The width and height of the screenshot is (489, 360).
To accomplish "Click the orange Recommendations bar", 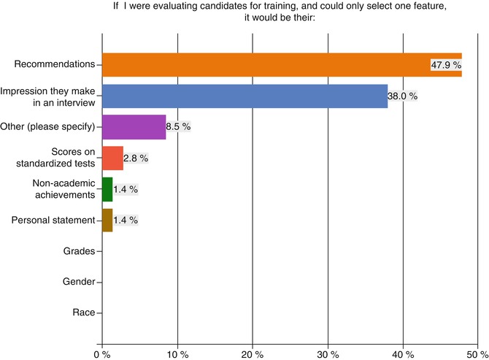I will click(263, 64).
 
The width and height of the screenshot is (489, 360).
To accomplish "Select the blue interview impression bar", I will click(244, 96).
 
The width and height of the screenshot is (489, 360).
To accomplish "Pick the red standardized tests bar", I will click(112, 158).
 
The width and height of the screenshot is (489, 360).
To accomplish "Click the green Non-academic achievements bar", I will click(107, 189).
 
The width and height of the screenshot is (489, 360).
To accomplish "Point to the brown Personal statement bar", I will click(107, 220).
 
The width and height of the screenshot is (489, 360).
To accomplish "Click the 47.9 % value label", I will click(446, 65).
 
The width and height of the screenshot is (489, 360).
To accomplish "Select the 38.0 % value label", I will click(402, 96).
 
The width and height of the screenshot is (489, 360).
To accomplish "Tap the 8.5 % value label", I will click(178, 127).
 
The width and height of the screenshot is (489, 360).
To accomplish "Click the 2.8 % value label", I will click(136, 158).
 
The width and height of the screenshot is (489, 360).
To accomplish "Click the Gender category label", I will click(78, 282).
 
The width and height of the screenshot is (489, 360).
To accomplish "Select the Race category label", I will click(83, 313).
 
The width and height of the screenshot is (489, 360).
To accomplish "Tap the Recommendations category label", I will click(54, 64).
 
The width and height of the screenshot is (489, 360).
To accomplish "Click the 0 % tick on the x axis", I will click(102, 354).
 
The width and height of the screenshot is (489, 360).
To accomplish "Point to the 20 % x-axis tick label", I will click(253, 354).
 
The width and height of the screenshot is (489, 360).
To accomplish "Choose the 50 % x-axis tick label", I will click(477, 354).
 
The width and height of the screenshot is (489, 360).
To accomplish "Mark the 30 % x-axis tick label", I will click(328, 354).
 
